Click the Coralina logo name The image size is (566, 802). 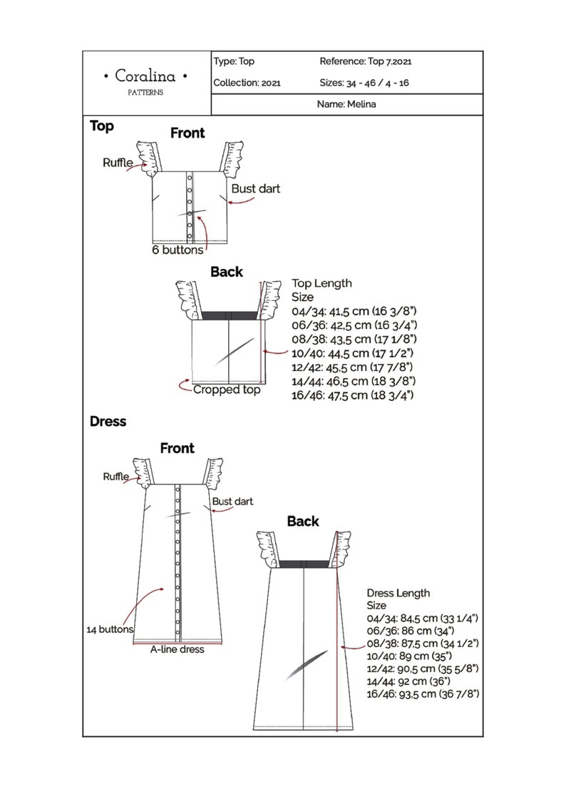click(x=145, y=76)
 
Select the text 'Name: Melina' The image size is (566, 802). click(x=346, y=104)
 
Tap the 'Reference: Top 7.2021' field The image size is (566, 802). click(x=365, y=61)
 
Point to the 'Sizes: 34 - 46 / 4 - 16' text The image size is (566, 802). click(x=364, y=83)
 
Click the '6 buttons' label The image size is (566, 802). click(x=177, y=250)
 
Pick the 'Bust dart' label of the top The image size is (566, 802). click(x=255, y=189)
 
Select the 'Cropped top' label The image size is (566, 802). click(x=227, y=390)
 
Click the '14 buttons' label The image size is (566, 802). click(x=110, y=629)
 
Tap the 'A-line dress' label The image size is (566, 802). click(x=177, y=649)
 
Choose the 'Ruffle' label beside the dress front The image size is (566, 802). click(x=116, y=476)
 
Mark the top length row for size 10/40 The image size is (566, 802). click(x=352, y=353)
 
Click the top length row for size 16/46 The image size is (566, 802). click(x=352, y=395)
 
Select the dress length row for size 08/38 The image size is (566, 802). click(x=423, y=644)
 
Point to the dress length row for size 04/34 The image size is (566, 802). click(x=423, y=618)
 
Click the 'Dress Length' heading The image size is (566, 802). click(x=398, y=594)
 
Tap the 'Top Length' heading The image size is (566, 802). click(x=321, y=283)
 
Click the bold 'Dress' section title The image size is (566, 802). click(x=108, y=422)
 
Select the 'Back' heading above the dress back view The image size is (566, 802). click(x=303, y=521)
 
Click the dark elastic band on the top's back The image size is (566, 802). click(x=230, y=315)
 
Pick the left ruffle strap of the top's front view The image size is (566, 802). click(x=148, y=158)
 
